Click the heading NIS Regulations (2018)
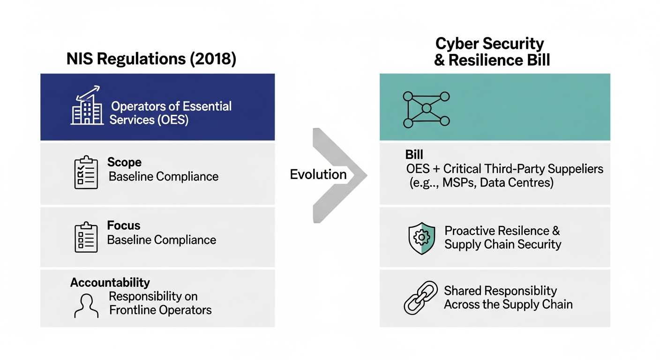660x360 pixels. pyautogui.click(x=151, y=60)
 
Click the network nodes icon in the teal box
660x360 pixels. pyautogui.click(x=426, y=109)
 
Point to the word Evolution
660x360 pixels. pyautogui.click(x=318, y=174)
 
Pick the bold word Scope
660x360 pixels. pyautogui.click(x=124, y=162)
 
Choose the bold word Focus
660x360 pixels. pyautogui.click(x=123, y=225)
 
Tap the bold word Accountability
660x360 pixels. pyautogui.click(x=110, y=283)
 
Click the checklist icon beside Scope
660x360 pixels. pyautogui.click(x=86, y=173)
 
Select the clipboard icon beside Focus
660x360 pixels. pyautogui.click(x=86, y=237)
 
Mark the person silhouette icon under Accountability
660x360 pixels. pyautogui.click(x=86, y=305)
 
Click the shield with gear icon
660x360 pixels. pyautogui.click(x=421, y=238)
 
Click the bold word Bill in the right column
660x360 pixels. pyautogui.click(x=414, y=155)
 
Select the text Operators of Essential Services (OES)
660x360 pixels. pyautogui.click(x=171, y=112)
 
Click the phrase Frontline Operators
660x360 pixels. pyautogui.click(x=160, y=310)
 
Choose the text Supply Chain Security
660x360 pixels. pyautogui.click(x=502, y=244)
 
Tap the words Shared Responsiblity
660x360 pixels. pyautogui.click(x=500, y=291)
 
